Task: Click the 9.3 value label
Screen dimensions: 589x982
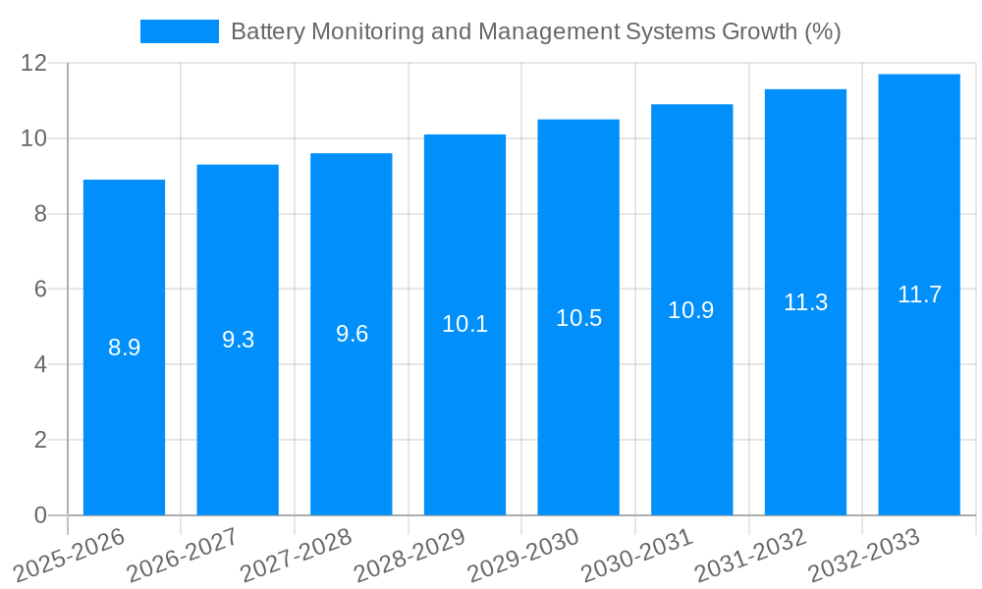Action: click(238, 340)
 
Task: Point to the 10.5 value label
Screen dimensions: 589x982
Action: click(578, 318)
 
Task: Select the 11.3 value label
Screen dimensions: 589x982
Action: click(805, 302)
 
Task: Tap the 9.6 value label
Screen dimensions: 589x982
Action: click(352, 334)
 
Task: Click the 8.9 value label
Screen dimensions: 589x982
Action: click(124, 348)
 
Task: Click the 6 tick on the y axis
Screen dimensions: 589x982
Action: click(40, 290)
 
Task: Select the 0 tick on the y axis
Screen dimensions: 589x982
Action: click(40, 515)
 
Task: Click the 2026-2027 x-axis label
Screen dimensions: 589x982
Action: click(183, 556)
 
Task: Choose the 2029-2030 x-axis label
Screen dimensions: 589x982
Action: click(523, 556)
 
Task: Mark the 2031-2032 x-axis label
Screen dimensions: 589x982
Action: click(751, 556)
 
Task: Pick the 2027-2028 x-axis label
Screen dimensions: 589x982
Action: click(296, 556)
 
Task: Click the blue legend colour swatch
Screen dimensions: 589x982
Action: click(180, 31)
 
